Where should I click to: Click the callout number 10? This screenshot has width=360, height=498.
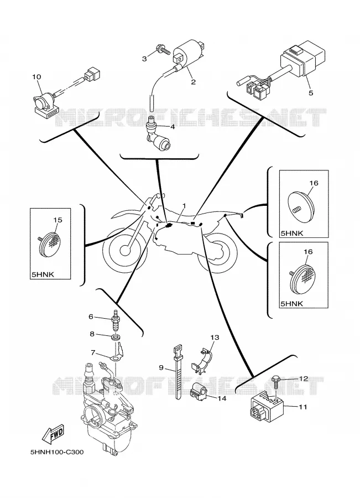coord(36,77)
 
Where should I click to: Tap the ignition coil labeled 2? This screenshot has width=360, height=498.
coord(185,53)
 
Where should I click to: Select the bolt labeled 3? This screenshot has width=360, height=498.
coord(163,49)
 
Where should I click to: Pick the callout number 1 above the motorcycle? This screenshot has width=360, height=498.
coord(184,206)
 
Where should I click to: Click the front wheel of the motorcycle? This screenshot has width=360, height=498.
coord(125,250)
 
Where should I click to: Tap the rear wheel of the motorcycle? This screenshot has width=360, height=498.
coord(217,252)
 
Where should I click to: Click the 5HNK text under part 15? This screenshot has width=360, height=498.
coord(43,274)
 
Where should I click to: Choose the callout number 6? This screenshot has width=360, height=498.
coord(91,317)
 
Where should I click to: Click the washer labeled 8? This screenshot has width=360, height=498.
coord(116,336)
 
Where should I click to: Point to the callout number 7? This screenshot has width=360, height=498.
coord(93,352)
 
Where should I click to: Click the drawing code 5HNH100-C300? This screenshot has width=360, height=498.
coord(57,452)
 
